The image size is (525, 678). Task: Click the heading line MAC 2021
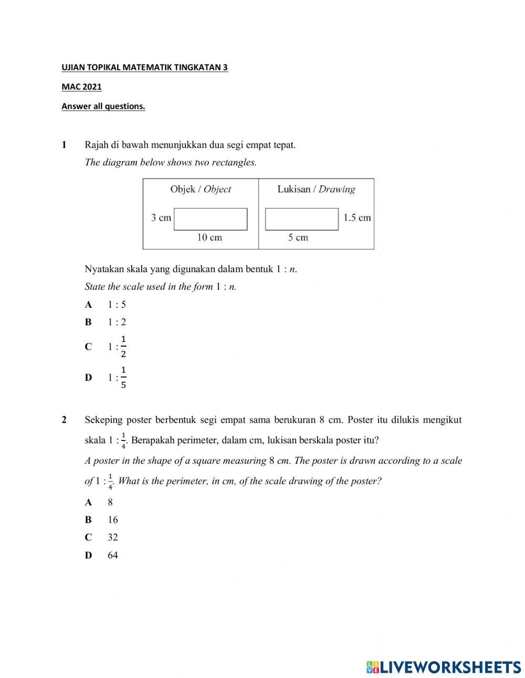pos(81,87)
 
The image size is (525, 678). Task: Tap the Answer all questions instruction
pos(103,106)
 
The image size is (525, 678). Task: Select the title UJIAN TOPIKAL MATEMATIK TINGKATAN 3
pos(144,68)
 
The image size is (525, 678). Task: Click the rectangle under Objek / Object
pos(210,219)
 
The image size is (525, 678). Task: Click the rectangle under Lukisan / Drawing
pos(301,219)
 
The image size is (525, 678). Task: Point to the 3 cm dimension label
pos(161,218)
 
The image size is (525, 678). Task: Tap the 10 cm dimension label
pos(209,238)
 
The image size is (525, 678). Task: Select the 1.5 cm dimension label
pos(357,218)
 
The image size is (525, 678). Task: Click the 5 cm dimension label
pos(298,238)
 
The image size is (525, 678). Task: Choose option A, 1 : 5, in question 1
pos(117,305)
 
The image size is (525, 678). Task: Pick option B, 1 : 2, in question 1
pos(117,322)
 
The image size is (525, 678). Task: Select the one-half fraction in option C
pos(123,347)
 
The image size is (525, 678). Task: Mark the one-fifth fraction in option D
pos(123,378)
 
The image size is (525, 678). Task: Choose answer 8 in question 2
pos(110,502)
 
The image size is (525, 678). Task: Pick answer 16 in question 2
pos(113,520)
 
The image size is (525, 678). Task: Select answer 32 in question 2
pos(113,537)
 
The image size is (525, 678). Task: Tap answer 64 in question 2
pos(113,555)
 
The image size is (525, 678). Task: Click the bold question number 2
pos(64,420)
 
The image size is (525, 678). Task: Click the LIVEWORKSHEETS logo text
pos(450,667)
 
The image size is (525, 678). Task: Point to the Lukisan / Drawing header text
pos(316,190)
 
